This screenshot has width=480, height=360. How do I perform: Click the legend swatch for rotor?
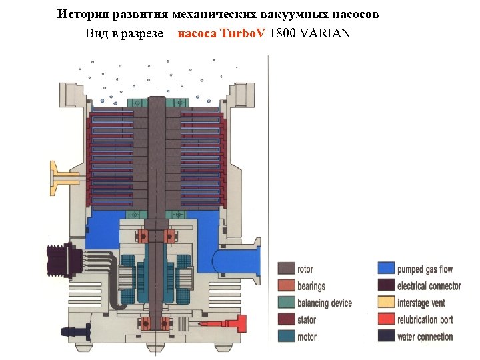[x=286, y=269]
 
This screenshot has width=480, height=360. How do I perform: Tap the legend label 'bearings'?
[x=311, y=287]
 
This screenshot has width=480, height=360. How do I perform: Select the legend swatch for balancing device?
[x=286, y=303]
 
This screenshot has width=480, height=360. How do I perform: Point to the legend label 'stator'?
[x=307, y=320]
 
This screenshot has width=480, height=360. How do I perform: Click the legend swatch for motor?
[x=286, y=337]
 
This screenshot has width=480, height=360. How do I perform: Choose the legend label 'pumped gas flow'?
[x=425, y=269]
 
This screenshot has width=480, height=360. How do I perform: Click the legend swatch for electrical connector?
[x=386, y=286]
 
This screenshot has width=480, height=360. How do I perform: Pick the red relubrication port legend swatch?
[x=386, y=320]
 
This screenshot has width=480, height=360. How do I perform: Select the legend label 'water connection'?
[x=425, y=337]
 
